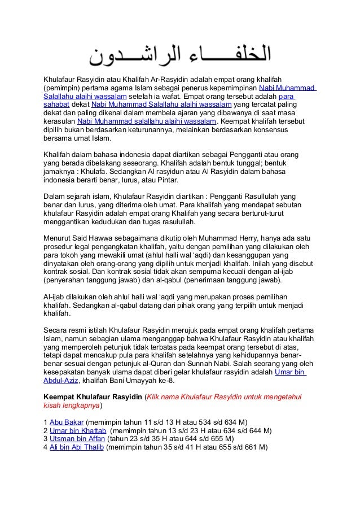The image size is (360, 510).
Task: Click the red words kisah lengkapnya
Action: click(72, 406)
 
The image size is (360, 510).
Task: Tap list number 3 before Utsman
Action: click(46, 439)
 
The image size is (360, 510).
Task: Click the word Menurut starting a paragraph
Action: click(59, 239)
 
